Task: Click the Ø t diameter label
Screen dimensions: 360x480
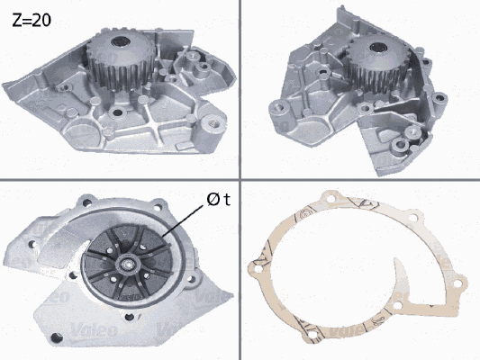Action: coord(218,200)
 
